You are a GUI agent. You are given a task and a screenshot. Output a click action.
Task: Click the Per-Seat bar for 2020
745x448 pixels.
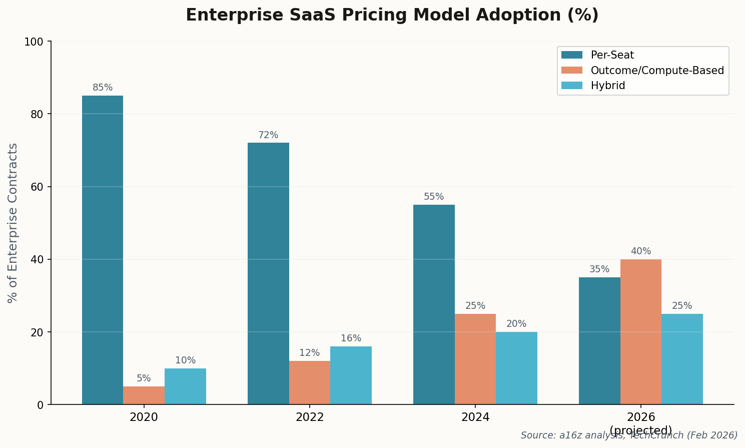tap(103, 250)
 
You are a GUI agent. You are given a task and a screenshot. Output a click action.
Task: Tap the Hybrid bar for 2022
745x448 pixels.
tap(351, 375)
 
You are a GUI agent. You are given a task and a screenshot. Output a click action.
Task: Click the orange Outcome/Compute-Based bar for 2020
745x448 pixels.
tap(144, 395)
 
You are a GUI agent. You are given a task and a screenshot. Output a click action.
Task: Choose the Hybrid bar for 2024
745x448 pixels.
tap(516, 368)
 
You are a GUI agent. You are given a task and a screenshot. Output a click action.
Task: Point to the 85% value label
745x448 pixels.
tap(103, 88)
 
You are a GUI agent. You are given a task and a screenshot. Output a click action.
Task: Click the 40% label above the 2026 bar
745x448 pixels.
tap(640, 251)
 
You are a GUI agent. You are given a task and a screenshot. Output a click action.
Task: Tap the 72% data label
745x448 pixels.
tap(268, 135)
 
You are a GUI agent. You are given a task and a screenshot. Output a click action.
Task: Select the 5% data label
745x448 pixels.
tap(144, 378)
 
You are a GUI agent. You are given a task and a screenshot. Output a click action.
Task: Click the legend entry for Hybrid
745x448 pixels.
tap(607, 86)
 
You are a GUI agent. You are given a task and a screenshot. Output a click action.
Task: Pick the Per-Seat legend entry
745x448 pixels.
tap(612, 55)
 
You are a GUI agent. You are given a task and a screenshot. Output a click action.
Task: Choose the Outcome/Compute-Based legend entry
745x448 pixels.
tap(657, 71)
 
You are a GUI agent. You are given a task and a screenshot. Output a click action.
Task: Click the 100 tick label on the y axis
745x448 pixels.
tap(34, 42)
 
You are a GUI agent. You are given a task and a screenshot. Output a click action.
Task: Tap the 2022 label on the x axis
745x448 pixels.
tap(309, 417)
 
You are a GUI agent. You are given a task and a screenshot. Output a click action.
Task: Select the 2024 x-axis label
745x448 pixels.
tap(475, 417)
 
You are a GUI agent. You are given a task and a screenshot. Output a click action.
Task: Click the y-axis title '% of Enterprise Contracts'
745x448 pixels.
tap(13, 223)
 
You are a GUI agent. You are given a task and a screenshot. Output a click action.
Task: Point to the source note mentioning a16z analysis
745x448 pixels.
tap(629, 435)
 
